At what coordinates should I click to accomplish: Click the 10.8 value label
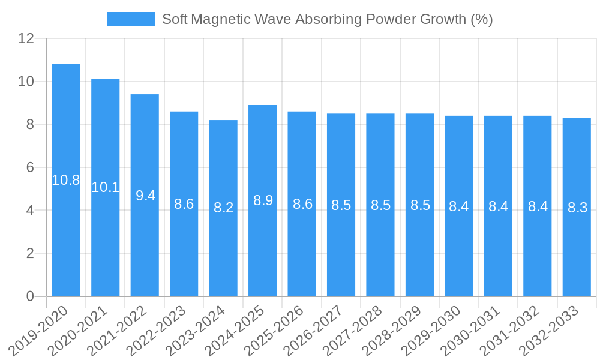point(66,180)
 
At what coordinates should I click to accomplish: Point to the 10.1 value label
point(106,187)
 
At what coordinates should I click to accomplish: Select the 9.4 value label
point(145,196)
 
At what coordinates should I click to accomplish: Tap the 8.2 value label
point(223,208)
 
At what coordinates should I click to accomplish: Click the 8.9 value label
point(263,200)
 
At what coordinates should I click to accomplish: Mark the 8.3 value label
point(577,208)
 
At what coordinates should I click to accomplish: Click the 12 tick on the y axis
point(26,38)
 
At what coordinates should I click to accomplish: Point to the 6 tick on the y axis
point(30,167)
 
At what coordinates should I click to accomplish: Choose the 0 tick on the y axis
point(30,296)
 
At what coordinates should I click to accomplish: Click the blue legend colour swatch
point(130,19)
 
